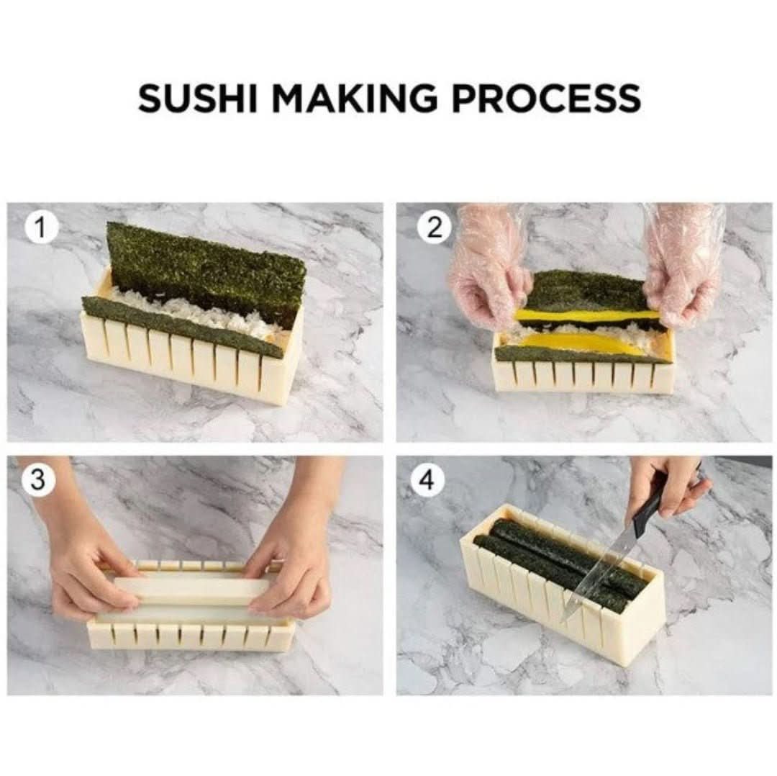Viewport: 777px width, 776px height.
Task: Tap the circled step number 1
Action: click(x=40, y=228)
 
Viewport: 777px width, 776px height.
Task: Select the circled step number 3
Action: click(x=41, y=482)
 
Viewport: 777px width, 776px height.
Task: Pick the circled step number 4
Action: click(x=427, y=482)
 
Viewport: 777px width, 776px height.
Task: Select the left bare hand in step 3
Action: click(x=86, y=569)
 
